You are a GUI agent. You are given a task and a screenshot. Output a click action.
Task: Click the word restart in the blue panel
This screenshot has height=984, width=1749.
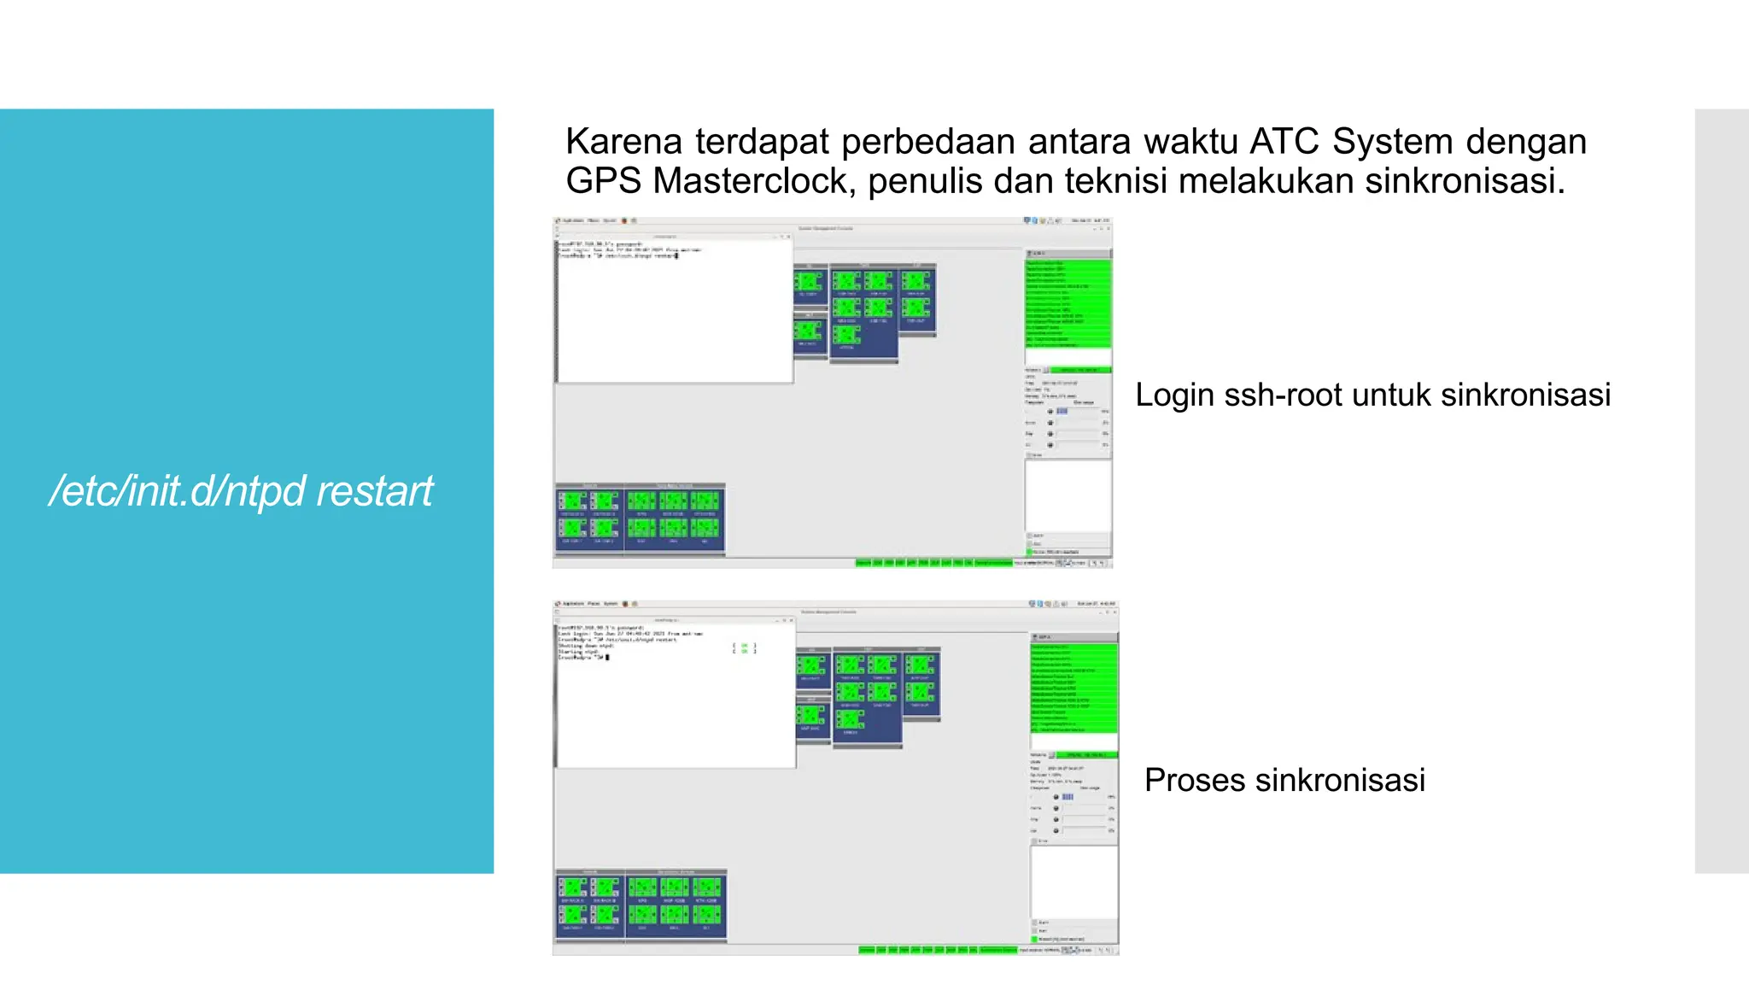pyautogui.click(x=374, y=491)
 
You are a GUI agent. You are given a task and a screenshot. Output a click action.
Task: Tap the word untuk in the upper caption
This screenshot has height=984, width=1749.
pyautogui.click(x=1392, y=395)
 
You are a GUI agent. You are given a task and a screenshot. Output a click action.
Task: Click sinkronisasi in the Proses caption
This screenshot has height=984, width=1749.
pyautogui.click(x=1341, y=781)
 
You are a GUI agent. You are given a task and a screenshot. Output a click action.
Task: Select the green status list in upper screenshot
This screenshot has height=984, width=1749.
pyautogui.click(x=1068, y=303)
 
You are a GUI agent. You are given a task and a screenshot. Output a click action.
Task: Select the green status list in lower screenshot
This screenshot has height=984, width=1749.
pyautogui.click(x=1073, y=688)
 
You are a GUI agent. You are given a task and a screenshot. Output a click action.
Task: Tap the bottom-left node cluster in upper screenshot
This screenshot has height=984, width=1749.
pyautogui.click(x=639, y=518)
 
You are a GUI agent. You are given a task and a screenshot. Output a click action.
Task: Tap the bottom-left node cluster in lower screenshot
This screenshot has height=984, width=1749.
pyautogui.click(x=641, y=905)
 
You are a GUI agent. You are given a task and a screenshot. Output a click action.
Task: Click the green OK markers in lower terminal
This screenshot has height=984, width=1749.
pyautogui.click(x=744, y=648)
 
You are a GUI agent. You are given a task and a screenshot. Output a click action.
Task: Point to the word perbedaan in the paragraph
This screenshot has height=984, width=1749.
pyautogui.click(x=928, y=142)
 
